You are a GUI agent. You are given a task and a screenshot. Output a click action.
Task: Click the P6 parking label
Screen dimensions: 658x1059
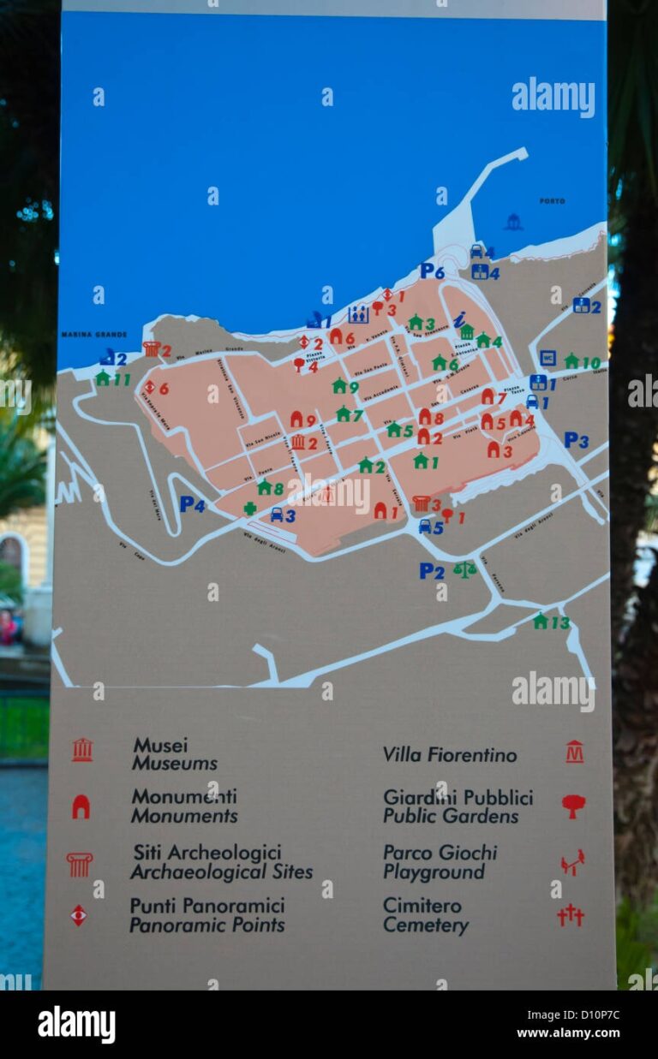(x=432, y=271)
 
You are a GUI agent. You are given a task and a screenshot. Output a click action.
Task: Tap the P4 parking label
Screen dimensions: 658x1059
(x=192, y=504)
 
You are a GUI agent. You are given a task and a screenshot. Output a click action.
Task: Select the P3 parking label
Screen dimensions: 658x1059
(x=576, y=440)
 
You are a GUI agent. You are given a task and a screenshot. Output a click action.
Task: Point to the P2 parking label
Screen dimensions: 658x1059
(x=432, y=570)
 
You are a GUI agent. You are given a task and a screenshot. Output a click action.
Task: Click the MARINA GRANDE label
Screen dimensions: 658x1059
(x=93, y=334)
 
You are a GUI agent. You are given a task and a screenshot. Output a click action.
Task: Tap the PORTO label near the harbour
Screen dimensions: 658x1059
(x=552, y=201)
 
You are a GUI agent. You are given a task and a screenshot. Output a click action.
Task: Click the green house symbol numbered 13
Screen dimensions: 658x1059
(x=541, y=622)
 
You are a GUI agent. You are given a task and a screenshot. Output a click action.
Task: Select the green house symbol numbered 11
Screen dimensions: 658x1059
(x=103, y=378)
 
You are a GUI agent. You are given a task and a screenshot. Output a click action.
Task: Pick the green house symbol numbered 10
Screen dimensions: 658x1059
(x=571, y=361)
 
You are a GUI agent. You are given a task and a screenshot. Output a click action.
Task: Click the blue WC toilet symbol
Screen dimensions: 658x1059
(x=547, y=358)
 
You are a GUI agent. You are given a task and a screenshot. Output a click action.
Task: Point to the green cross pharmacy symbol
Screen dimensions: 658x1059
(x=249, y=508)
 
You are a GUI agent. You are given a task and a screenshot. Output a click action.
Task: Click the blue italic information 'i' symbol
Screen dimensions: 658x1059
(x=459, y=319)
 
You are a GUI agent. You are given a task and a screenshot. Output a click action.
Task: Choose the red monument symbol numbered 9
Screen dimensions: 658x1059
(x=296, y=419)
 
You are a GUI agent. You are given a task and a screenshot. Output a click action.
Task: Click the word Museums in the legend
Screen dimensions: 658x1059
(x=175, y=764)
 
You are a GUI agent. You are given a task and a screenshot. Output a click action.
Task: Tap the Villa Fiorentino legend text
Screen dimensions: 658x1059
(x=450, y=755)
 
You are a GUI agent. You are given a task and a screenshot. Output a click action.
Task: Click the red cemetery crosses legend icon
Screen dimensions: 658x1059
(x=571, y=915)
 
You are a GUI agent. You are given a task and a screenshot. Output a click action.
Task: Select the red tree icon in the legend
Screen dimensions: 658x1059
(x=573, y=805)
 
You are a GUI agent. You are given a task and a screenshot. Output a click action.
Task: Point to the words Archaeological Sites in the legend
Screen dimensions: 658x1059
(x=221, y=872)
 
